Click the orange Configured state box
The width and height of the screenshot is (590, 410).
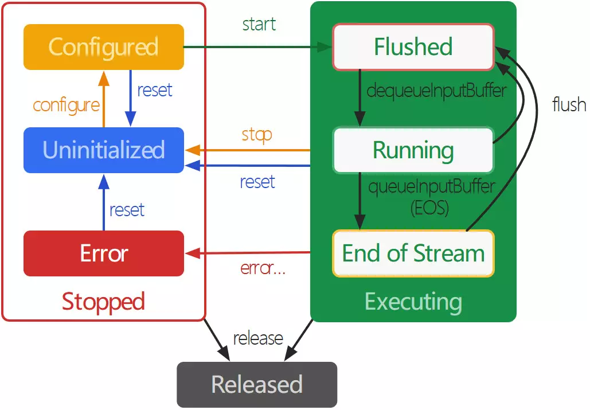(103, 47)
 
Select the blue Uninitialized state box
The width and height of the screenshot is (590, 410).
(103, 150)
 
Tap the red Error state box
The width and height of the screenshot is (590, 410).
(103, 253)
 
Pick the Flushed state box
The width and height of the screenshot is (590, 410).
(413, 47)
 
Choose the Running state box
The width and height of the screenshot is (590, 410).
(413, 150)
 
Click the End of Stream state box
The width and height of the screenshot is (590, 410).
(413, 253)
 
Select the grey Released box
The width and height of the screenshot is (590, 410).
(257, 384)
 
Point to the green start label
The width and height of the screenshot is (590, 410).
(259, 25)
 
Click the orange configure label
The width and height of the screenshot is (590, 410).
(66, 105)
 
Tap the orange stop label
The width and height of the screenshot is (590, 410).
(256, 135)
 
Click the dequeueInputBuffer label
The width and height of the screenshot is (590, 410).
(436, 91)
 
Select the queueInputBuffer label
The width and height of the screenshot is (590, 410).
(432, 187)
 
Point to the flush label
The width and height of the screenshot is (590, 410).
(569, 104)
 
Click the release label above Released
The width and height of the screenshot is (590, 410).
(258, 338)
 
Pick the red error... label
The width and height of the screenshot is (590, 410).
(263, 268)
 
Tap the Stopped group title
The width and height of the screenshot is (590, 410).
(103, 302)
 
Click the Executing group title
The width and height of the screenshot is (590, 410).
(413, 302)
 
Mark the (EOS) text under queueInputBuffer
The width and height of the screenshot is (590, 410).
(429, 208)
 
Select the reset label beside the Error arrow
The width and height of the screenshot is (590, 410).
(127, 210)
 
